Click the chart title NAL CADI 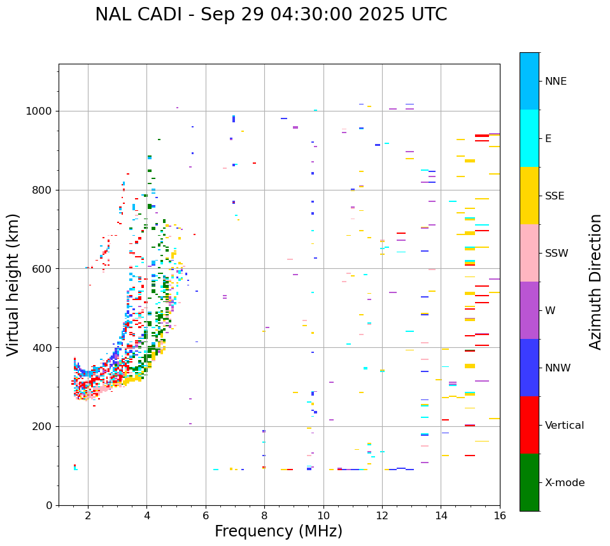click(x=271, y=15)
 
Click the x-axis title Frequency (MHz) click(x=278, y=531)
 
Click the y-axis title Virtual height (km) click(x=13, y=284)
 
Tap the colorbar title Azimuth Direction click(x=595, y=282)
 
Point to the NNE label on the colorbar click(x=555, y=82)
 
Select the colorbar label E click(x=548, y=139)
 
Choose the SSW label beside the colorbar click(x=556, y=254)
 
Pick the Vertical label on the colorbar click(x=564, y=426)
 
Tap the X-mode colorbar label click(x=564, y=483)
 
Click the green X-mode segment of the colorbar click(x=529, y=482)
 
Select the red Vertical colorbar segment click(x=529, y=425)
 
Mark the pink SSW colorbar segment click(x=529, y=253)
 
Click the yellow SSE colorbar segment click(x=529, y=196)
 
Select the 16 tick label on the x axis click(x=500, y=516)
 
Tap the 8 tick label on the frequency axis click(x=264, y=516)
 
